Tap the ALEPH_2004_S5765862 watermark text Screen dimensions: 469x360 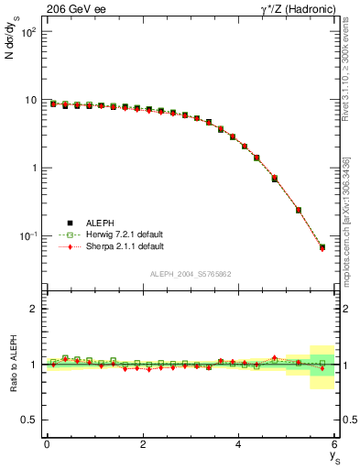(x=190, y=275)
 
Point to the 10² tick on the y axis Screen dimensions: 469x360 (x=27, y=32)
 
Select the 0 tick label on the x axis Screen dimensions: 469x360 (x=47, y=445)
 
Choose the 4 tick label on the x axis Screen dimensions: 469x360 (x=238, y=445)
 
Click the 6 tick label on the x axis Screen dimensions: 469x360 (x=334, y=445)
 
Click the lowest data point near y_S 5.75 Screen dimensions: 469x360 (x=322, y=247)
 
